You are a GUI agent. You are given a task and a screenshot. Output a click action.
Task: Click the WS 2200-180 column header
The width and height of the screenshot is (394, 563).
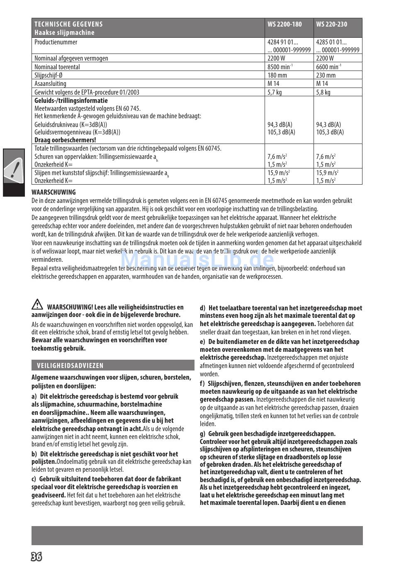point(285,24)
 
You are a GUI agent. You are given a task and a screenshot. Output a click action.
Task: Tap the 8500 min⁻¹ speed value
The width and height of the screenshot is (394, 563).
point(280,67)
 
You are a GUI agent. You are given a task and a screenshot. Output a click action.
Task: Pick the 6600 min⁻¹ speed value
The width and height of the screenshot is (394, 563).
point(328,67)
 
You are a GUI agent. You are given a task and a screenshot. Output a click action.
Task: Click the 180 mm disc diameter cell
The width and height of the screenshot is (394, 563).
point(277,75)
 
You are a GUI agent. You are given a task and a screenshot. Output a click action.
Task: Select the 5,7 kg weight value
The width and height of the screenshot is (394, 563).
point(275,92)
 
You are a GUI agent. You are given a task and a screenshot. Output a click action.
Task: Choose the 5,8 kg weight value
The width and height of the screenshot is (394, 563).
point(323,92)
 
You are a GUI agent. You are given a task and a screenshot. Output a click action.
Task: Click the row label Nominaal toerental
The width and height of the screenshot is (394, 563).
point(57,67)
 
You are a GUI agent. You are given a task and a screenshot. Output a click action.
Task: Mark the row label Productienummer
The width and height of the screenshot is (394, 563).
point(56,42)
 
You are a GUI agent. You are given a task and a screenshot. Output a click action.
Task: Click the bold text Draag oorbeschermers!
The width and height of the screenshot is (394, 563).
point(65,140)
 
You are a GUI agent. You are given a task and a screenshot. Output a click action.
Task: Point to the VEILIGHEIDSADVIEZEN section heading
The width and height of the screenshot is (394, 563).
point(71,366)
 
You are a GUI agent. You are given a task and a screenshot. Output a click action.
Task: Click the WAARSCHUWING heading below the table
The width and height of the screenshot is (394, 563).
point(54,192)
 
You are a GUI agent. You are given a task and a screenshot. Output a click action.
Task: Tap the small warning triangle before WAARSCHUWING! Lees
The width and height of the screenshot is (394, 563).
point(37,305)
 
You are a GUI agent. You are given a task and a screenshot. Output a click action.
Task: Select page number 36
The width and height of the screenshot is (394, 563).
point(36,556)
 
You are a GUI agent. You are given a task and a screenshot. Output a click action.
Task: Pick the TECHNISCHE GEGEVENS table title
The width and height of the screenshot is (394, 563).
point(68,24)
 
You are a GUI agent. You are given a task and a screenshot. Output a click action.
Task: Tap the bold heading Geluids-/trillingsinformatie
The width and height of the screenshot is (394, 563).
point(71,100)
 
